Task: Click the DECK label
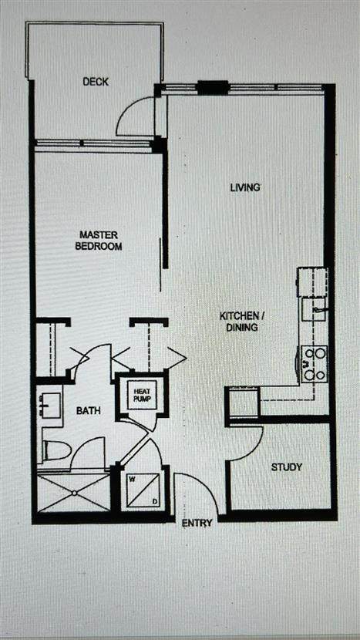click(x=96, y=82)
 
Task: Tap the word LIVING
click(x=245, y=187)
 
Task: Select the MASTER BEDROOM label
click(x=100, y=241)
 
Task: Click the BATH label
click(x=89, y=411)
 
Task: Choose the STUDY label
click(x=287, y=467)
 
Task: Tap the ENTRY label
click(x=197, y=523)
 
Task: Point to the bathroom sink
click(x=50, y=405)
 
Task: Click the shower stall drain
click(x=74, y=493)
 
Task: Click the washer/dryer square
click(x=143, y=490)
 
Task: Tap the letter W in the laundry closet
click(x=133, y=479)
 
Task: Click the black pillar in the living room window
click(x=213, y=88)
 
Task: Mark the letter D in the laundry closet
click(x=155, y=501)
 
